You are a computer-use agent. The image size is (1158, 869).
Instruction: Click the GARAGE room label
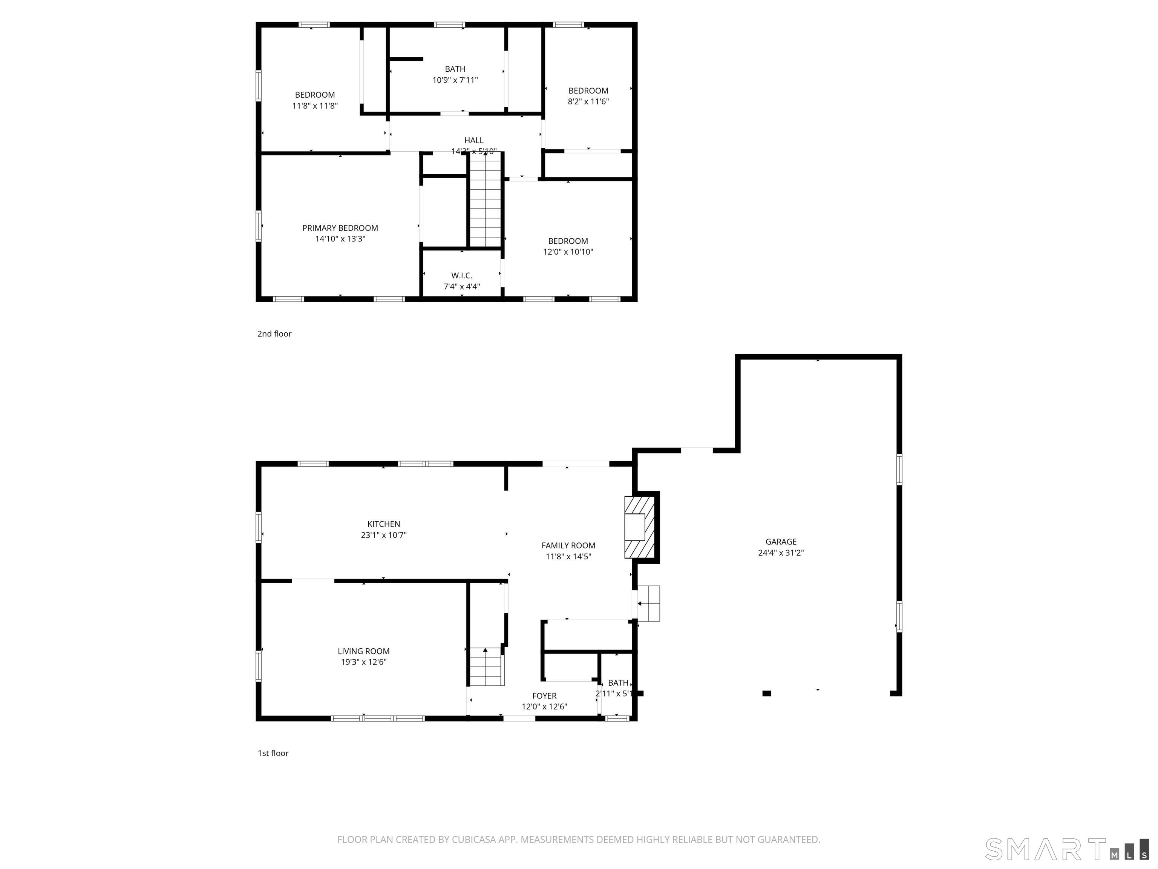click(781, 542)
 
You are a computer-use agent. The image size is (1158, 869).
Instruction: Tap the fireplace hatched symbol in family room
click(639, 527)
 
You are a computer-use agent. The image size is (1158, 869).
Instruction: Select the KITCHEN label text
click(383, 524)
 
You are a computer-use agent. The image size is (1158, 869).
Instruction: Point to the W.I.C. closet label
click(461, 276)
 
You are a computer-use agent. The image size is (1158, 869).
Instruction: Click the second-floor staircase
click(485, 202)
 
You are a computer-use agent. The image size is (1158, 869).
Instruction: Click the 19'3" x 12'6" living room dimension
click(363, 662)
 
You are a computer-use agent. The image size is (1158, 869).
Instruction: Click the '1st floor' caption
click(273, 753)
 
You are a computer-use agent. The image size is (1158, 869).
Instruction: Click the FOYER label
click(544, 696)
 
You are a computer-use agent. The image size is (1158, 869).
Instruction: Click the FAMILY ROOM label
click(568, 545)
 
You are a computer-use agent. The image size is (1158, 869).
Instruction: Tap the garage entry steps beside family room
click(649, 603)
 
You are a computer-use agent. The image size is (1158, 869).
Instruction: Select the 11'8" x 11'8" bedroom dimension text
click(315, 106)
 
